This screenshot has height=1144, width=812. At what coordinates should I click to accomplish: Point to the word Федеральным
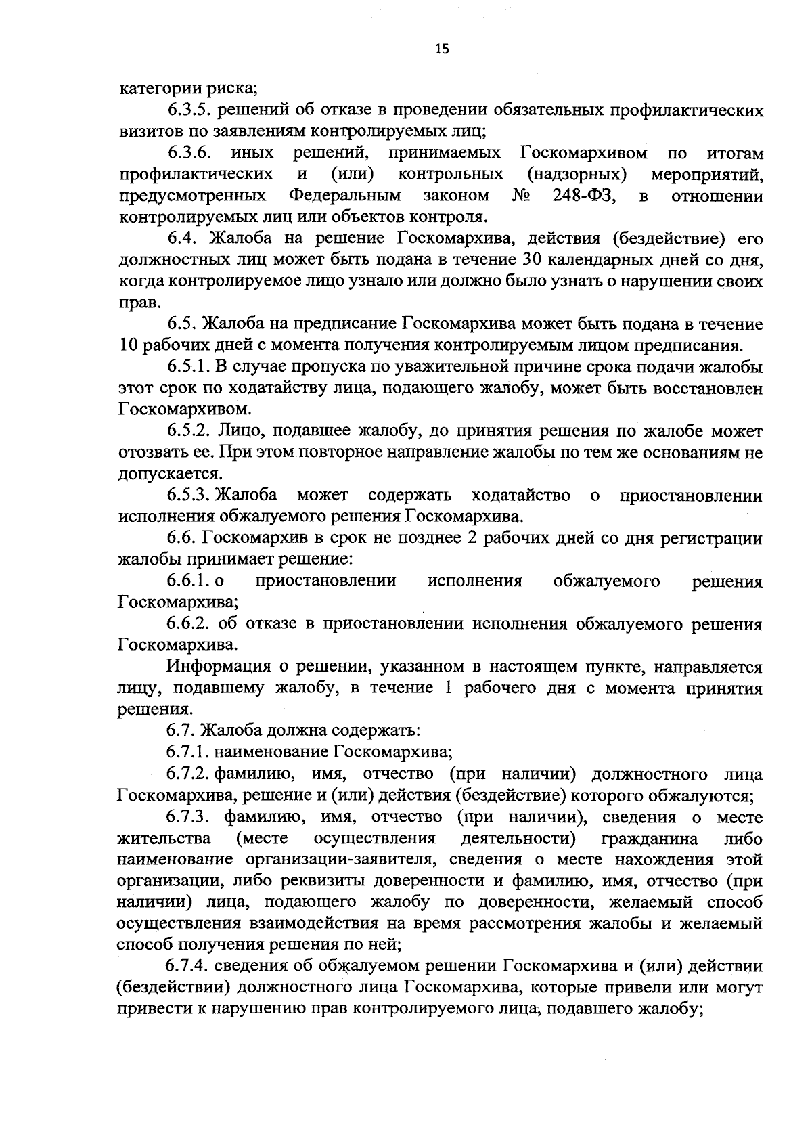(x=345, y=196)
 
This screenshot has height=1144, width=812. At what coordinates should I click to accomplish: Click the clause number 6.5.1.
(x=189, y=367)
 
